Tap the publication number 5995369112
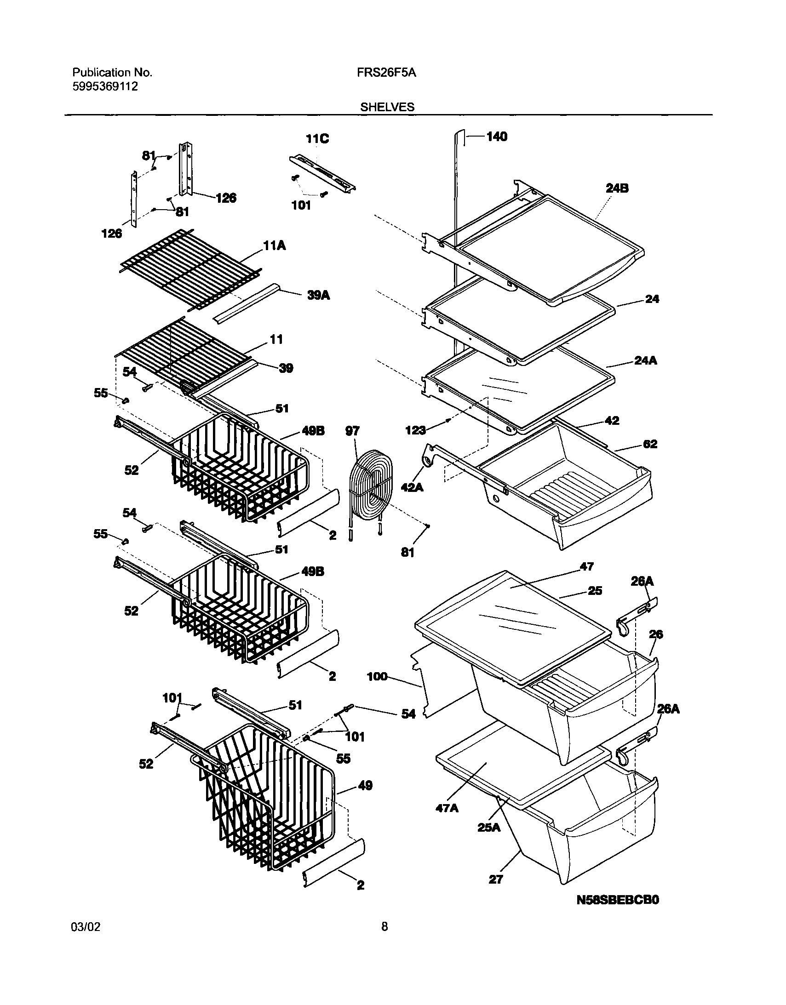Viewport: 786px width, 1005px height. tap(105, 86)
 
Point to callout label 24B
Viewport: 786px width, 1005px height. tap(617, 188)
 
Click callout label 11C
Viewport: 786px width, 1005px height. tap(318, 138)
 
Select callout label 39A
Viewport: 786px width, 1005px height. tap(318, 296)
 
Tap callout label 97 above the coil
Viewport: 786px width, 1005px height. tap(352, 431)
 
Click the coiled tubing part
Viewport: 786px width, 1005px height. tap(371, 483)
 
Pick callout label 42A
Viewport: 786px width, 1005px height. tap(413, 487)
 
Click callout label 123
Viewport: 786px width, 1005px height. tap(415, 430)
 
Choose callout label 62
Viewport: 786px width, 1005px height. tap(650, 444)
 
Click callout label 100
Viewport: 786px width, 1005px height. tap(377, 676)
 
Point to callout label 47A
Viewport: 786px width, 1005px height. tap(447, 808)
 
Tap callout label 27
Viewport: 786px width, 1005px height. tap(495, 879)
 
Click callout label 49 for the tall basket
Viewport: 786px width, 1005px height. tap(365, 786)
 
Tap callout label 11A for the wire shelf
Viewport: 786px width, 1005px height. tap(274, 246)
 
